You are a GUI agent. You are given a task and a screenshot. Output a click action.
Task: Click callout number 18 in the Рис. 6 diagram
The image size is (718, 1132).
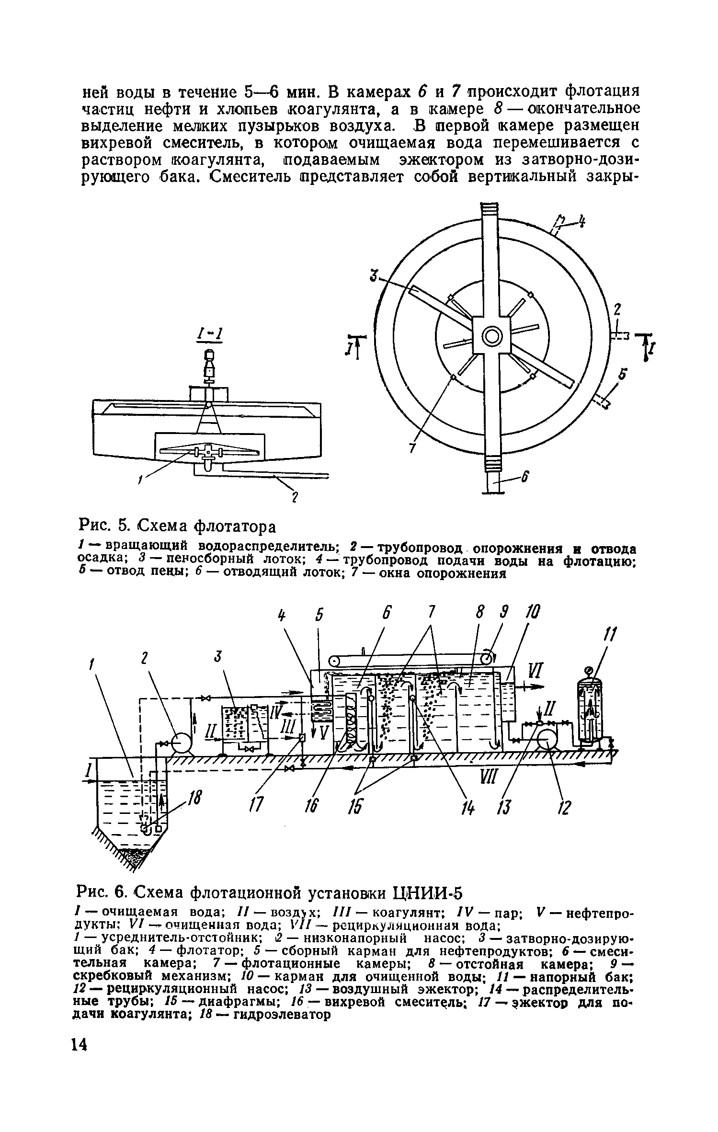click(x=194, y=799)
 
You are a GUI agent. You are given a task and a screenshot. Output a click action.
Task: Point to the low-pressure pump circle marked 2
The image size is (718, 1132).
click(x=182, y=743)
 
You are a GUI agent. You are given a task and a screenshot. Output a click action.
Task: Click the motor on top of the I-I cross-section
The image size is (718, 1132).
click(x=209, y=366)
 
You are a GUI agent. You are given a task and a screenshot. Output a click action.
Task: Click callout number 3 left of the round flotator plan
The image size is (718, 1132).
click(x=373, y=276)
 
